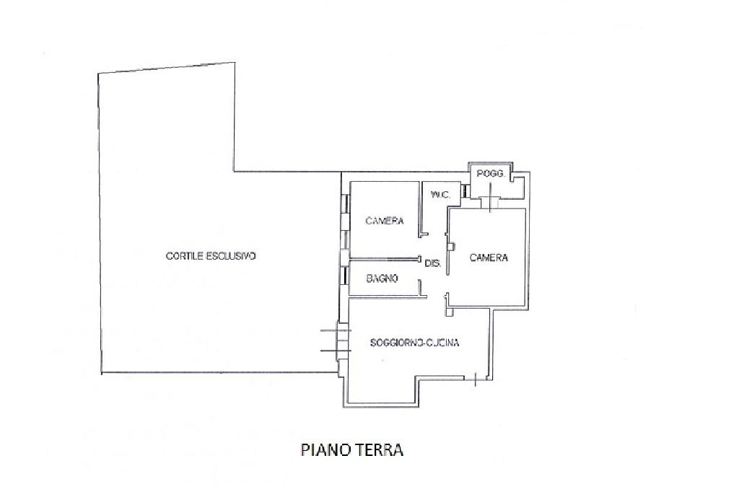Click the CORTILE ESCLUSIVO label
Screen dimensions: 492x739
pyautogui.click(x=211, y=256)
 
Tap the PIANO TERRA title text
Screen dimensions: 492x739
pyautogui.click(x=351, y=451)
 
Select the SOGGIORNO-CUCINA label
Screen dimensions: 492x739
pyautogui.click(x=414, y=343)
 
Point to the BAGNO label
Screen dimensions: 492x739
pyautogui.click(x=382, y=278)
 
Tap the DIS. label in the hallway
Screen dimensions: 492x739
pyautogui.click(x=433, y=264)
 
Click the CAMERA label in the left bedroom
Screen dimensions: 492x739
pyautogui.click(x=384, y=221)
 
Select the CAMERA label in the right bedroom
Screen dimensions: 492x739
pyautogui.click(x=489, y=258)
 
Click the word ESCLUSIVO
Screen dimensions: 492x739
pyautogui.click(x=232, y=256)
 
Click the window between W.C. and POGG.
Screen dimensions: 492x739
pyautogui.click(x=466, y=190)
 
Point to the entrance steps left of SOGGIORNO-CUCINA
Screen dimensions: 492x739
pyautogui.click(x=333, y=341)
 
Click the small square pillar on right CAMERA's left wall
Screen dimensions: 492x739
pyautogui.click(x=450, y=246)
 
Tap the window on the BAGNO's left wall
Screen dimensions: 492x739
pyautogui.click(x=343, y=278)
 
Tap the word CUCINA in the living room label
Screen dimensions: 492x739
pyautogui.click(x=442, y=343)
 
